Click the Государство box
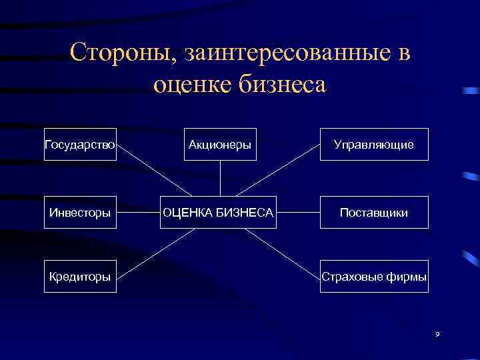coord(80,144)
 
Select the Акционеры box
coord(221,144)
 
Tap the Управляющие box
coord(374,144)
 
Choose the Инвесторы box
coord(80,212)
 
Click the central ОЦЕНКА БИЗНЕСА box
coord(219,212)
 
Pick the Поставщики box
coord(374,212)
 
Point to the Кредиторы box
coord(80,277)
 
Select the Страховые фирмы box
coord(374,277)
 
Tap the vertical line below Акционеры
coord(221,178)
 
